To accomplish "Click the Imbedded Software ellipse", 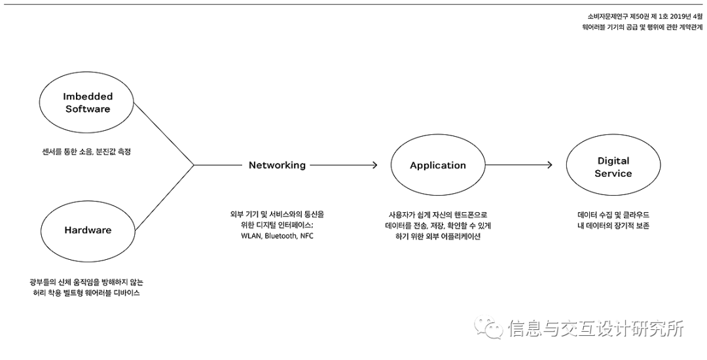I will coord(88,103).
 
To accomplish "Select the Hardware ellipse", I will coord(88,230).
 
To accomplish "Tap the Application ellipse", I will coord(437,166).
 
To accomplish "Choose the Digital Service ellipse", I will coord(613,167).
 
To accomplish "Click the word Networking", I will coord(277,166).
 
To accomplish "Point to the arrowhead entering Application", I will coord(374,166).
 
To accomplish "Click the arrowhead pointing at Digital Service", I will coord(550,166).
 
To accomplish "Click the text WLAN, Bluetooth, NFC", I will coord(277,236).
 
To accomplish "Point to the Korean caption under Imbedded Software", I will coord(88,151).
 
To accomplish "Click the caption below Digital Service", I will coord(613,220).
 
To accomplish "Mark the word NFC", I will coord(306,236).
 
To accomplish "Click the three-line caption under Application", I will coord(437,225).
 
